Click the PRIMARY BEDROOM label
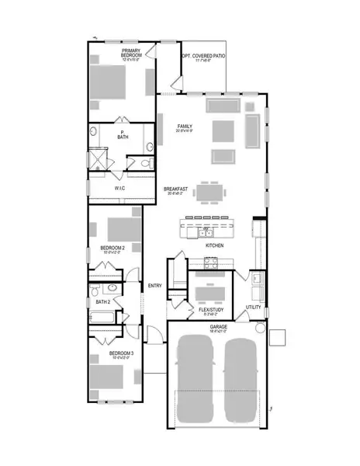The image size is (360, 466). pyautogui.click(x=130, y=54)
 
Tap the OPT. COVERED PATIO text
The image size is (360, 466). pyautogui.click(x=204, y=57)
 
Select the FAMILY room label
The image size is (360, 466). pyautogui.click(x=185, y=126)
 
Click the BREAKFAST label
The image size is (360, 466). pyautogui.click(x=175, y=189)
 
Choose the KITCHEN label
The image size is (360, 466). pyautogui.click(x=214, y=245)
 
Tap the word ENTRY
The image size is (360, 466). pyautogui.click(x=155, y=286)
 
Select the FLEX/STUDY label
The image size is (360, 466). pyautogui.click(x=210, y=309)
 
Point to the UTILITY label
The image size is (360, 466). pyautogui.click(x=253, y=308)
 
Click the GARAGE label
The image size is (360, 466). pyautogui.click(x=217, y=327)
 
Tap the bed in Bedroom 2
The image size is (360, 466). pyautogui.click(x=120, y=228)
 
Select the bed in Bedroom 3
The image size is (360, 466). pyautogui.click(x=106, y=379)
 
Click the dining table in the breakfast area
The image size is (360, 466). pyautogui.click(x=211, y=192)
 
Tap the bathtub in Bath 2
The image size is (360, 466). pyautogui.click(x=102, y=317)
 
